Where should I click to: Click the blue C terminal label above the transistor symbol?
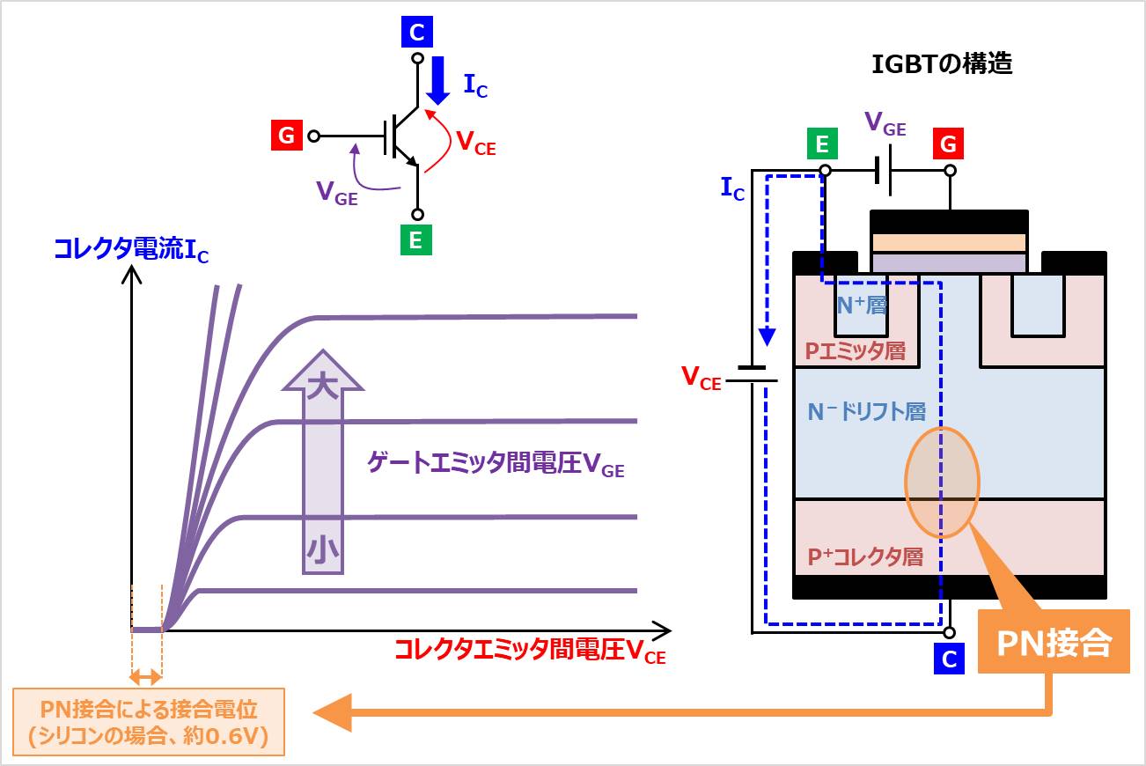[x=417, y=33]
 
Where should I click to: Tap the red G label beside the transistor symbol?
[x=286, y=136]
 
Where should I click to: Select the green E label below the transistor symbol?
[x=416, y=240]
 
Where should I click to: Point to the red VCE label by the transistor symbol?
[x=475, y=143]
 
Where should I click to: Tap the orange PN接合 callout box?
[x=1054, y=643]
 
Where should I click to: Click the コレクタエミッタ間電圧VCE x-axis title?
[x=529, y=652]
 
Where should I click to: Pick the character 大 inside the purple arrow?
[x=322, y=387]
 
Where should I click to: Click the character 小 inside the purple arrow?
[x=322, y=551]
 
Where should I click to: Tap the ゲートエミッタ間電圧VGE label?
[x=496, y=466]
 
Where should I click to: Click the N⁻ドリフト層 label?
[x=866, y=411]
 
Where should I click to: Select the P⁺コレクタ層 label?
[x=864, y=557]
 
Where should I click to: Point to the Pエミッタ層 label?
[x=855, y=350]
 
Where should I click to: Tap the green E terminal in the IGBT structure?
[x=822, y=144]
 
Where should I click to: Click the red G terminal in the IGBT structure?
[x=948, y=144]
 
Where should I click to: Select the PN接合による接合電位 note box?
[x=148, y=722]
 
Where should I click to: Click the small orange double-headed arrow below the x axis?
[x=146, y=677]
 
